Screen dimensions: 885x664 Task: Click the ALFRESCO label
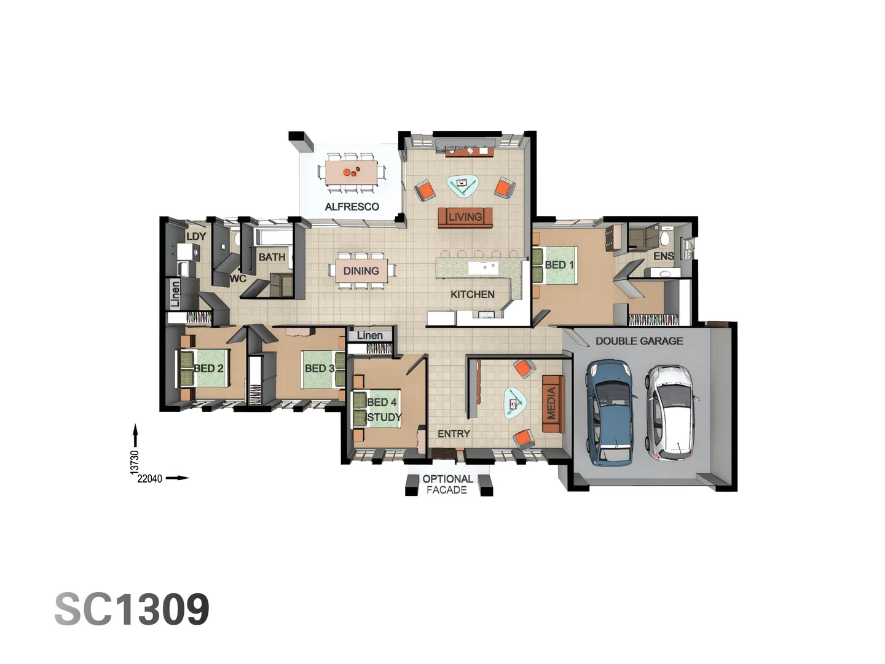352,207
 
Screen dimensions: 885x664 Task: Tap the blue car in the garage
610,413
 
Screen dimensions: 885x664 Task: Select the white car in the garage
671,413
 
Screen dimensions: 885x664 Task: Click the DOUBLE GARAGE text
639,341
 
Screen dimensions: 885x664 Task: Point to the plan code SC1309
132,609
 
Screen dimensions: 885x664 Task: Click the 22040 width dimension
149,478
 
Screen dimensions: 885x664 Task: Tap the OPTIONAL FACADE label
447,484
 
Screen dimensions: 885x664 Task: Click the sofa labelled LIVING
465,217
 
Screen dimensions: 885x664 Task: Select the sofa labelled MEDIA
553,403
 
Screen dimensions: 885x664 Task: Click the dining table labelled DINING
361,271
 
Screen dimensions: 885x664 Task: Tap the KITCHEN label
473,294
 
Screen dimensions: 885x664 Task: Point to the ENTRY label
454,434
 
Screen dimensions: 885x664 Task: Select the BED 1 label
559,265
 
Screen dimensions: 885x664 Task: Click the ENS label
664,256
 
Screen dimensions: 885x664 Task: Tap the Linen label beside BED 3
370,336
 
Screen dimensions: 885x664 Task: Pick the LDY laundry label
196,237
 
